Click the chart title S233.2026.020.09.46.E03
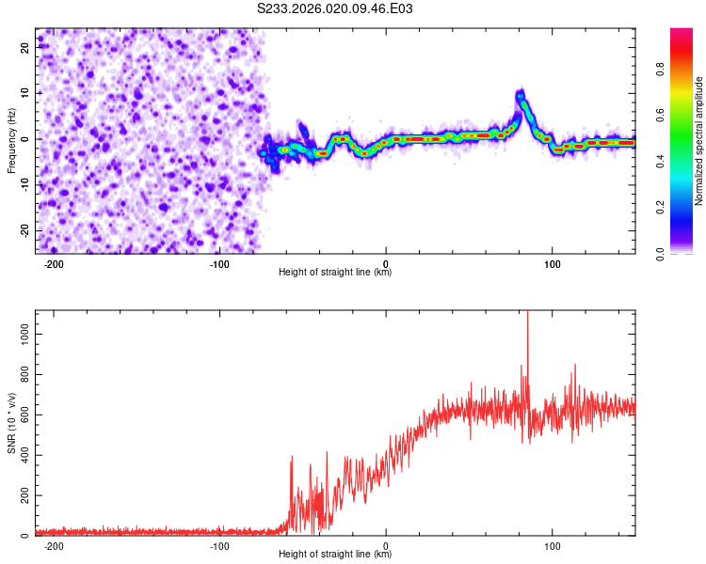[335, 8]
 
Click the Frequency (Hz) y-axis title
[11, 141]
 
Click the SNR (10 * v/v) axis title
[11, 424]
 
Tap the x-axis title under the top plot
[335, 272]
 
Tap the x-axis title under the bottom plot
[335, 554]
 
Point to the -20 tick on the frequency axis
[24, 230]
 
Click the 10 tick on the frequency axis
[26, 92]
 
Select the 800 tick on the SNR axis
[23, 374]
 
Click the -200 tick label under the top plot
[54, 262]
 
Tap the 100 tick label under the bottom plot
[553, 544]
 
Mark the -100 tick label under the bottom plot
[219, 544]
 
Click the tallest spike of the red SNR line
[527, 313]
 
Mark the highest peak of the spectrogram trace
[520, 93]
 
